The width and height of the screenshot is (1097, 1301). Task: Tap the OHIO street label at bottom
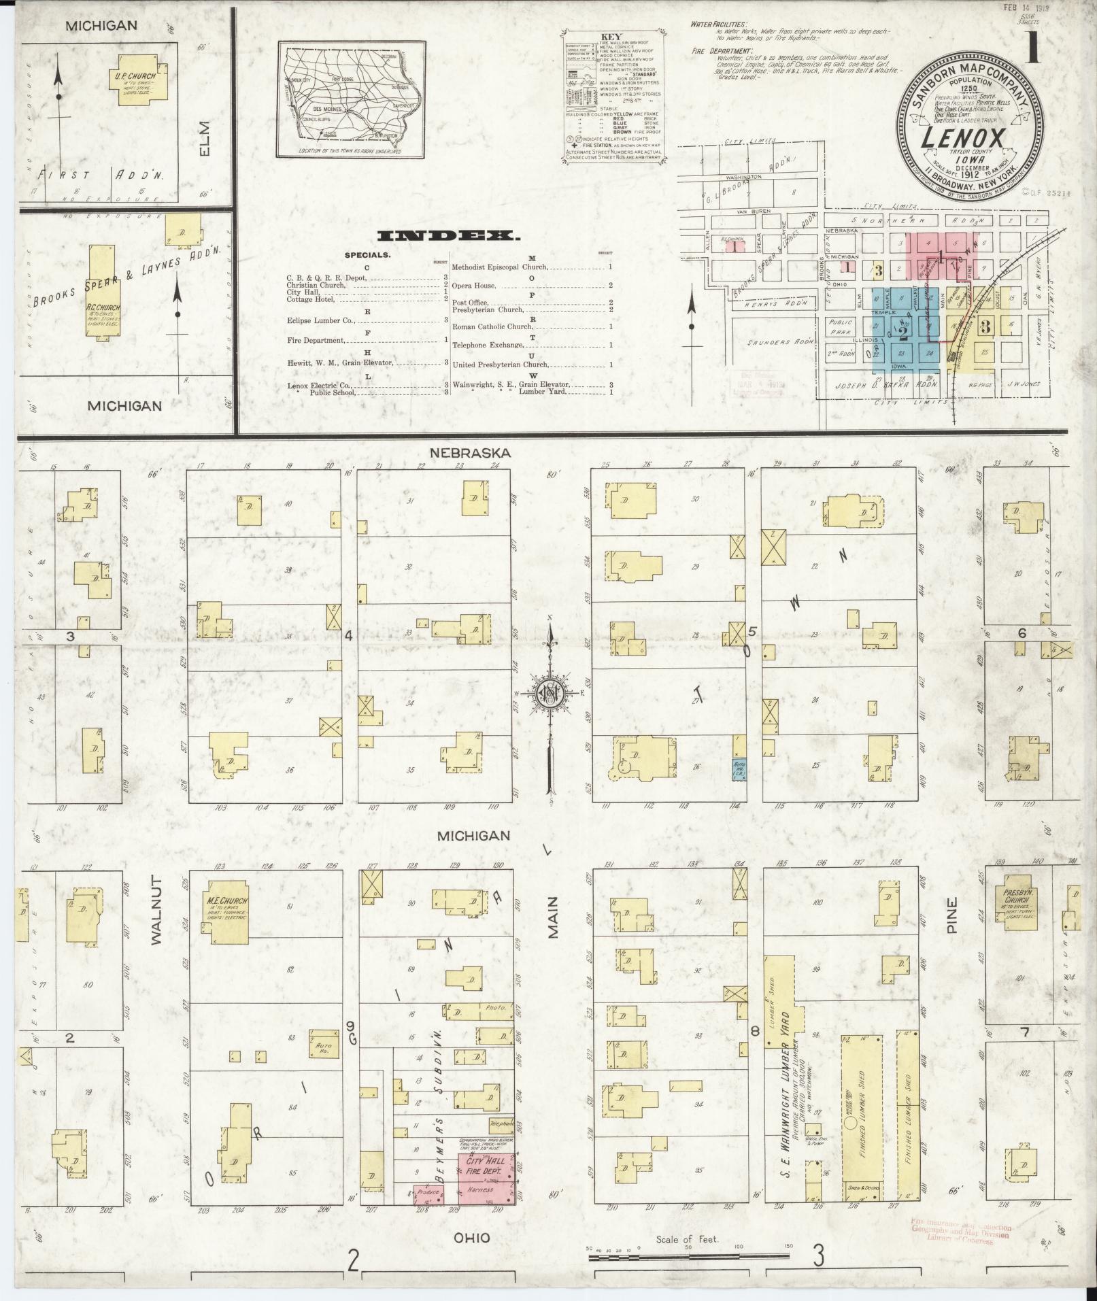click(472, 1238)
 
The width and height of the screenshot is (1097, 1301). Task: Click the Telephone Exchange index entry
click(489, 345)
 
